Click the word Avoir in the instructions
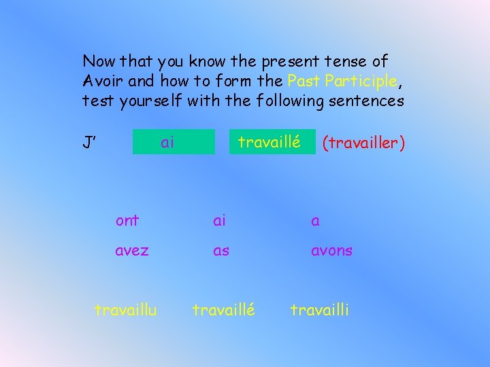point(102,81)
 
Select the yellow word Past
point(304,81)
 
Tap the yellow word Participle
point(361,81)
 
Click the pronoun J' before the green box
point(88,143)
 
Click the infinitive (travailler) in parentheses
point(363,143)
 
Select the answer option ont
point(127,220)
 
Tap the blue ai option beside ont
point(219,220)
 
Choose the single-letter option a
point(315,221)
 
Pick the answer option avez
point(132,250)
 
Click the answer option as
point(221,250)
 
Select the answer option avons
point(331,250)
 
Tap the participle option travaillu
point(126,310)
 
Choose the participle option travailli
point(320,310)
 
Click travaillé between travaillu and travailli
point(224,310)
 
